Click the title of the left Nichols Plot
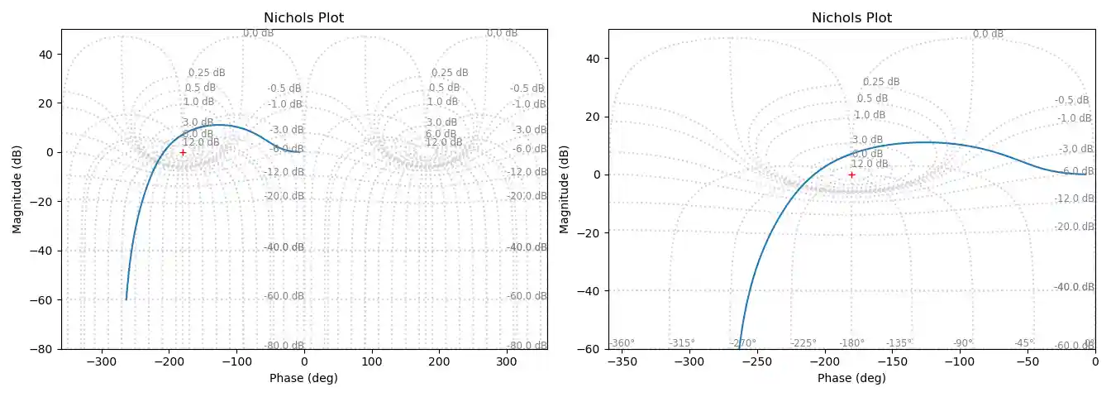pos(303,17)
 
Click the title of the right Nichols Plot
pos(851,17)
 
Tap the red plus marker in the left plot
pos(183,152)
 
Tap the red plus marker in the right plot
pos(851,175)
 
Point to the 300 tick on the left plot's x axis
pos(507,361)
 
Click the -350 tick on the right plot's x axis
pos(622,361)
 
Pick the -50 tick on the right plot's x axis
pos(1028,361)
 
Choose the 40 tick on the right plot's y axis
pos(593,59)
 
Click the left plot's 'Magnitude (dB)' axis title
pos(17,189)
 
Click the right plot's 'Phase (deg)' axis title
pos(851,378)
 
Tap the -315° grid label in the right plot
pos(682,343)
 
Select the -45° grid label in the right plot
pos(1024,343)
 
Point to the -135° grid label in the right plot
pos(899,343)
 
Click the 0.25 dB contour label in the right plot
pos(881,82)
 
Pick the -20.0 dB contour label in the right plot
pos(1075,227)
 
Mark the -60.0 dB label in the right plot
pos(1075,345)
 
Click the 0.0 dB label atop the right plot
pos(988,34)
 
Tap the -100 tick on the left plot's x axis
pos(236,361)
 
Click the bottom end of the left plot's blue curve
pos(126,299)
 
